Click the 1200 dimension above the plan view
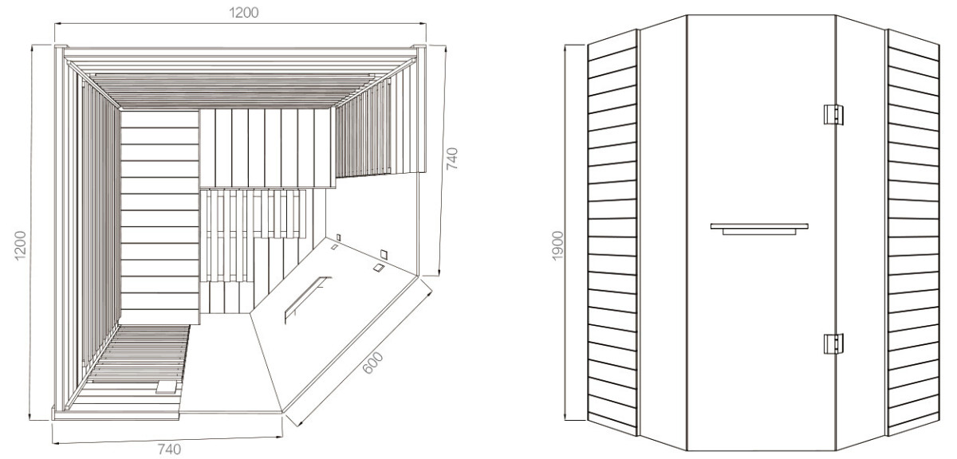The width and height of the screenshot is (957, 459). (x=243, y=13)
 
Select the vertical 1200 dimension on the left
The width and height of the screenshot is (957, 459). (x=20, y=245)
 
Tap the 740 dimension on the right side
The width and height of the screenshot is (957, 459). (x=451, y=159)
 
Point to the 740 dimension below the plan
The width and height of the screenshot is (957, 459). (x=169, y=449)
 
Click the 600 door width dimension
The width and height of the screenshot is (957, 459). (x=372, y=363)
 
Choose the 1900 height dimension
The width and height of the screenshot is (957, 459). (x=557, y=245)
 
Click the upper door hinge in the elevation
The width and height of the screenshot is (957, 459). (x=833, y=115)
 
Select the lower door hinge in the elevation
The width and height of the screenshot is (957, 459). (x=833, y=343)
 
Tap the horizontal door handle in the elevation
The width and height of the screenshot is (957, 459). (x=759, y=229)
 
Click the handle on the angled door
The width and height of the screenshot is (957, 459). (x=307, y=299)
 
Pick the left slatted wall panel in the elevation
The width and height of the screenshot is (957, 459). (x=612, y=233)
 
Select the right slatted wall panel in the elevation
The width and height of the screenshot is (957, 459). (x=913, y=233)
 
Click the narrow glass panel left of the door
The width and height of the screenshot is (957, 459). (x=663, y=233)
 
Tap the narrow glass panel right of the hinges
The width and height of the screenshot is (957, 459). (x=861, y=233)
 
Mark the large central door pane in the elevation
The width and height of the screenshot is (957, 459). (x=761, y=233)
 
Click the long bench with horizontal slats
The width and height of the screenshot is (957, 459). (x=159, y=217)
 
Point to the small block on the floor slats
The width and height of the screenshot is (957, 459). (x=166, y=386)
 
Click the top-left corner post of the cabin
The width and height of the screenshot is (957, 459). (x=61, y=47)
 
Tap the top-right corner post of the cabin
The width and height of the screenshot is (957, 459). (x=419, y=47)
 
